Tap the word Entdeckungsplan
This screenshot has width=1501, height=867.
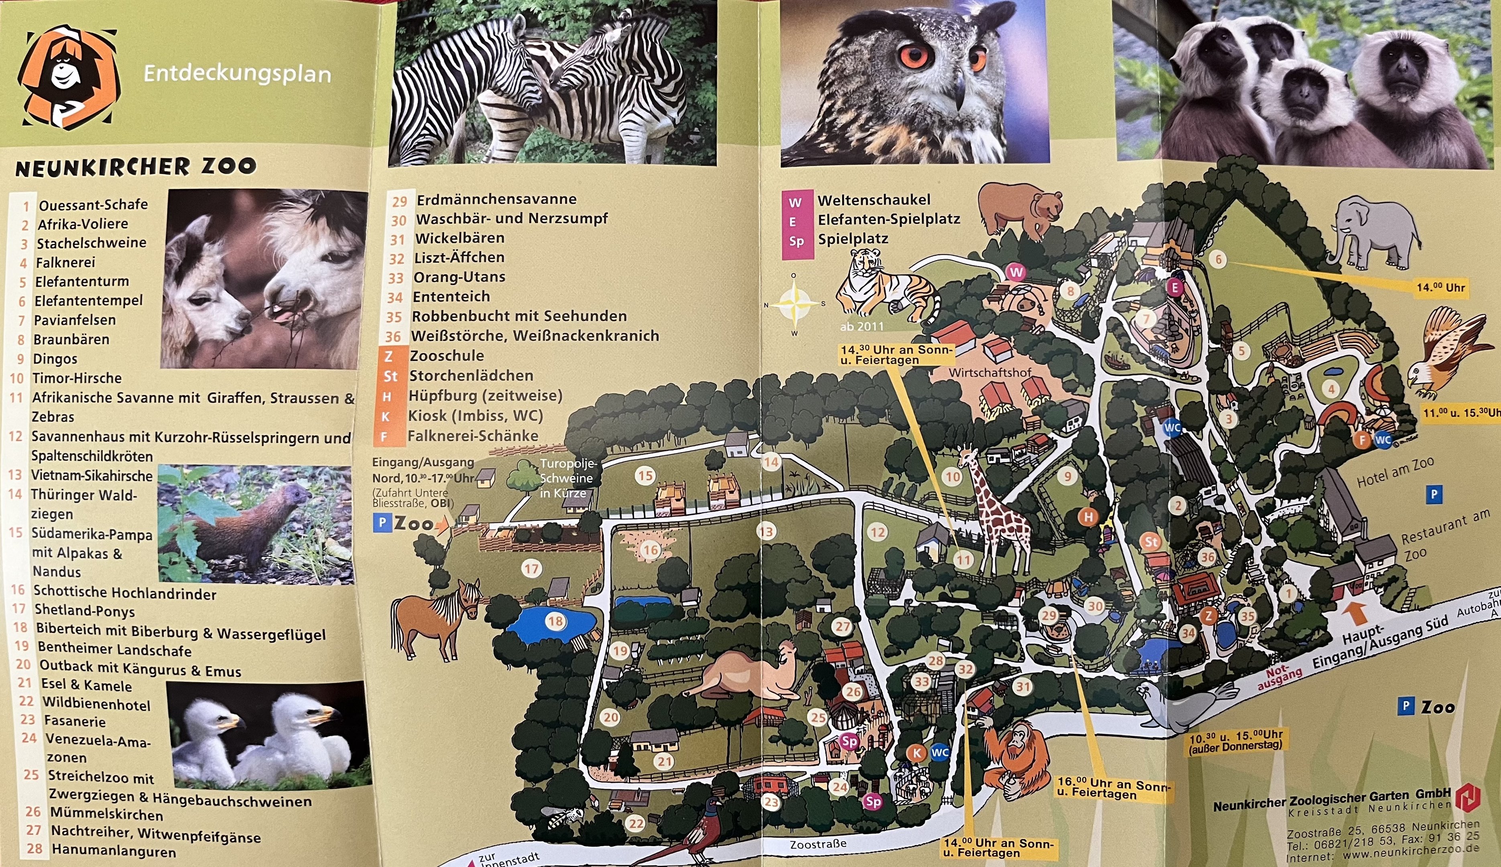[237, 74]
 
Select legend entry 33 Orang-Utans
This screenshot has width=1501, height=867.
[459, 277]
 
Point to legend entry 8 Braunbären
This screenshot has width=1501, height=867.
[71, 340]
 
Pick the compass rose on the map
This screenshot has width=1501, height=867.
[794, 304]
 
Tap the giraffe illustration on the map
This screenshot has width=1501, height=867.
[994, 512]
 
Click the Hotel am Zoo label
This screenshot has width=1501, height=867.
[1395, 472]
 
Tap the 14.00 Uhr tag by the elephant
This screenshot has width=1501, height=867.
[1440, 288]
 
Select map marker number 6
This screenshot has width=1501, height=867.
[1218, 259]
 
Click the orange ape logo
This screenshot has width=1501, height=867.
[69, 77]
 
